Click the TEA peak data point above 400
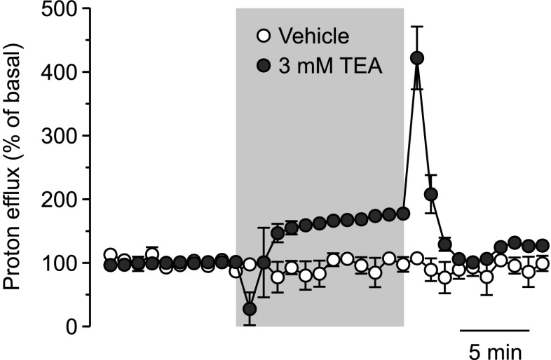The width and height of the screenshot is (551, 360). tap(417, 57)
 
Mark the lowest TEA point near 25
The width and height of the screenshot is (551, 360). tap(250, 309)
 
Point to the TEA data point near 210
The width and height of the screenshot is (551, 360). tap(431, 193)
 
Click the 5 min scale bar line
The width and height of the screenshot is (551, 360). tap(494, 328)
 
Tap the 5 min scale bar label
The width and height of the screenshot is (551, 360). tap(494, 349)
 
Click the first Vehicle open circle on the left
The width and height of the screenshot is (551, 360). tap(110, 254)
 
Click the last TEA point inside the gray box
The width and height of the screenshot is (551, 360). tap(403, 214)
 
